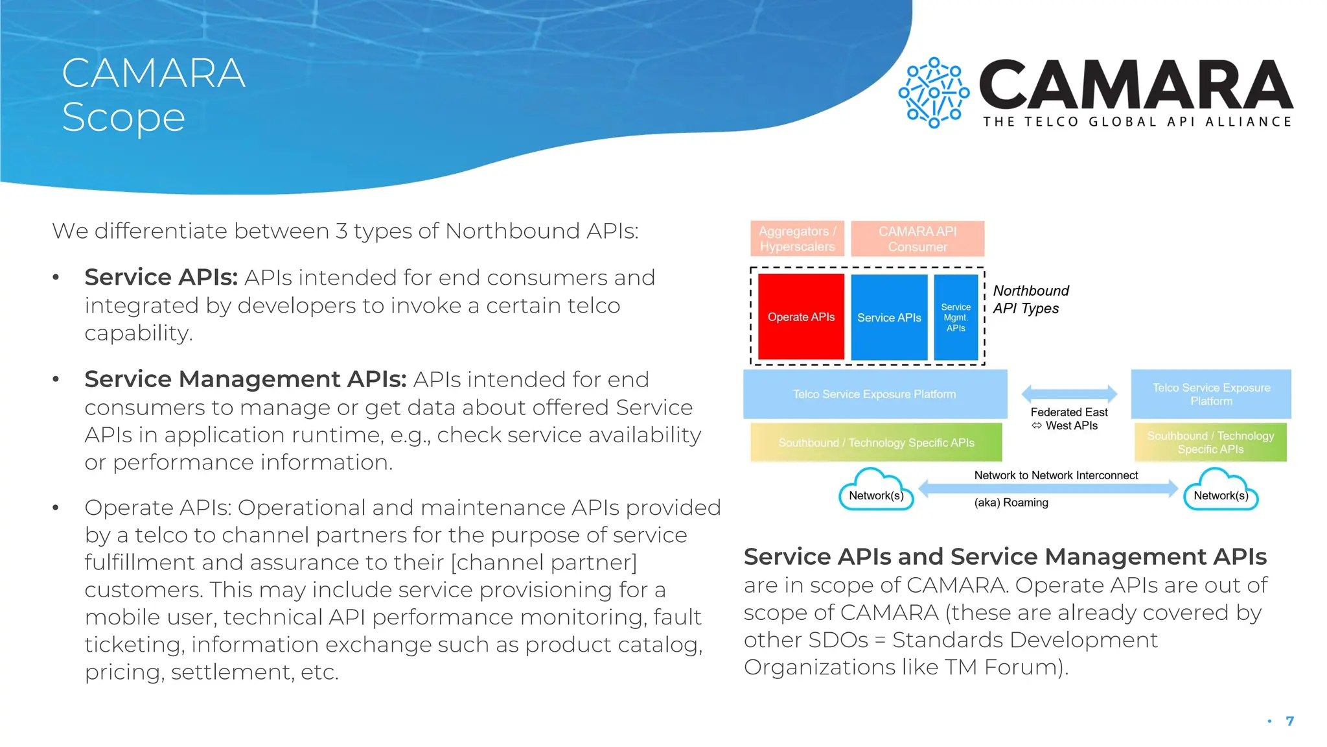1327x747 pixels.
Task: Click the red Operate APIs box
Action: click(801, 316)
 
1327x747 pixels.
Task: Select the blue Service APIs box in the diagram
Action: click(889, 317)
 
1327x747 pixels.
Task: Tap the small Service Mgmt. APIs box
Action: click(956, 317)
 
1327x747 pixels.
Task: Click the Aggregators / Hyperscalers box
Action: click(797, 239)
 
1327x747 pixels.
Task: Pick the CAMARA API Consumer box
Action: click(917, 239)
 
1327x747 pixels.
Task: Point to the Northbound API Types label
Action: click(1030, 300)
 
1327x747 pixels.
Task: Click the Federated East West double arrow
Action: click(1069, 393)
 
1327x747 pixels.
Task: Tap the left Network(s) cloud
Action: click(876, 493)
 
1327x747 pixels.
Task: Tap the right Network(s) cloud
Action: click(1221, 493)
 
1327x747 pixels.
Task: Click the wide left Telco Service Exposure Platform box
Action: click(875, 394)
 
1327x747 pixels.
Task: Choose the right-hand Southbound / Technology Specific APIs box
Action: click(1210, 442)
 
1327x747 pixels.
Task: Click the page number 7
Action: click(1290, 721)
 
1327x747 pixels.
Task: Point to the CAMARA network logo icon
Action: click(934, 93)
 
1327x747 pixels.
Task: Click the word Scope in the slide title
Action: click(124, 117)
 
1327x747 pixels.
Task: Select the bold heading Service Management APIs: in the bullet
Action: click(246, 379)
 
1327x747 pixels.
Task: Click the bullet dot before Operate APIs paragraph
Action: click(56, 508)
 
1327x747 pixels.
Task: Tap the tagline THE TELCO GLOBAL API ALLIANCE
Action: click(1137, 122)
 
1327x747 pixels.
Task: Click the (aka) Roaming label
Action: click(1011, 503)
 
